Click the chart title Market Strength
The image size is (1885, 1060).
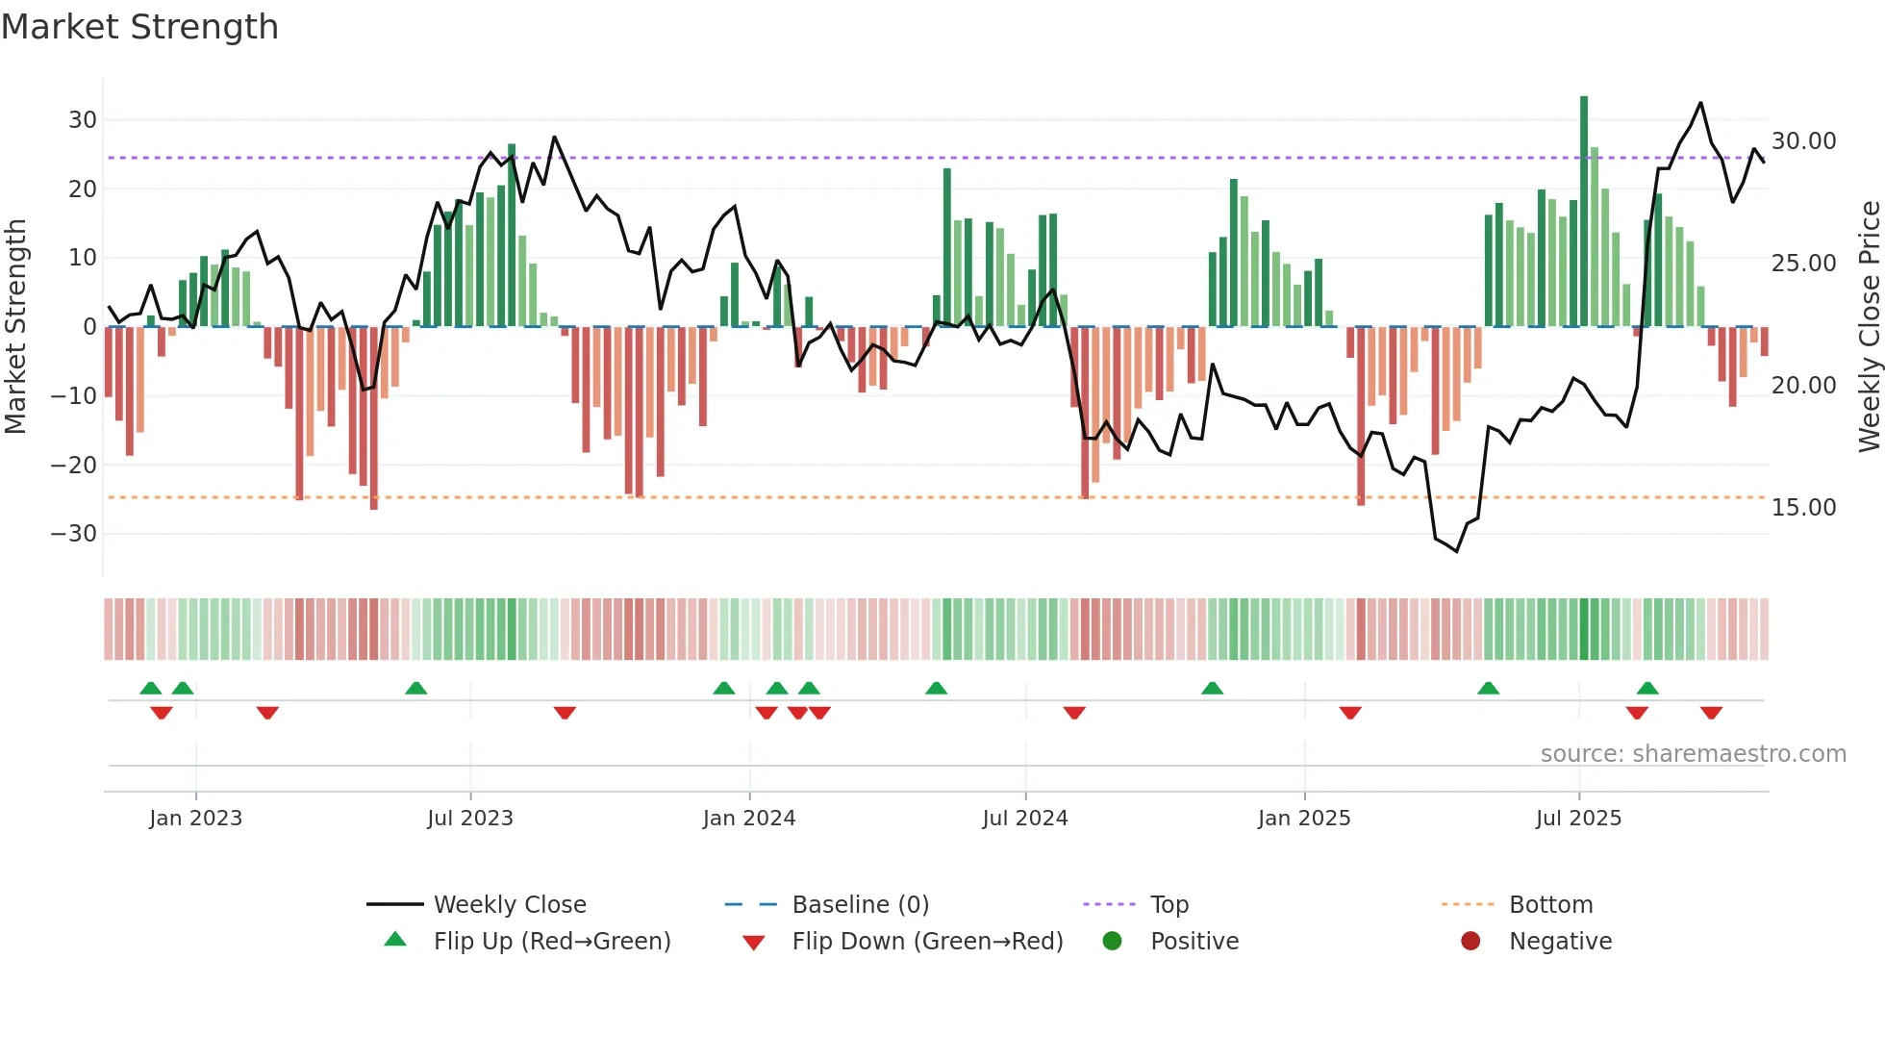click(139, 27)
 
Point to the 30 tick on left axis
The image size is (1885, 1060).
click(83, 120)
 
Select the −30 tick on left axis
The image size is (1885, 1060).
click(74, 534)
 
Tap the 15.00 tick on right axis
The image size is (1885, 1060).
click(1803, 508)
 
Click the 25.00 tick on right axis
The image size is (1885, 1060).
click(1803, 264)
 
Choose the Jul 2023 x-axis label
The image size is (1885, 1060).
click(470, 819)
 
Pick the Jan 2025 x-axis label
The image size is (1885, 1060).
click(1304, 819)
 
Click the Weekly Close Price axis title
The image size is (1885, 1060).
click(1869, 327)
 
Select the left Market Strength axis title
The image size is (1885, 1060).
click(15, 327)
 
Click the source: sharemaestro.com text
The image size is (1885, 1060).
click(1693, 754)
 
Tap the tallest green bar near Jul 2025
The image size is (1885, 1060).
click(1584, 212)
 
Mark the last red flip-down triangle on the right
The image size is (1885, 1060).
click(1711, 713)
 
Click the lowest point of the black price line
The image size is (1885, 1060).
click(1457, 551)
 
